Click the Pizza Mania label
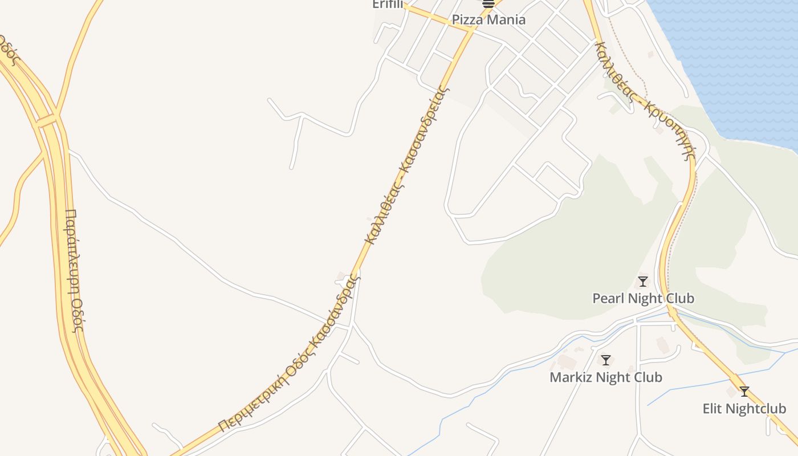pos(488,20)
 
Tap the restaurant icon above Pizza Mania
pos(488,4)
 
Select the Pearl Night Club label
pos(643,298)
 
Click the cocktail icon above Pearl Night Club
pos(643,282)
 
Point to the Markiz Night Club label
pos(605,377)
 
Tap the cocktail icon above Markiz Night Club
pos(605,360)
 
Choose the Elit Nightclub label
pos(744,408)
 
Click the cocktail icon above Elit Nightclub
pos(744,392)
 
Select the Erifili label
pos(388,5)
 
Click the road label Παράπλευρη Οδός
pos(75,270)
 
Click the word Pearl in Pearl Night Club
pos(608,298)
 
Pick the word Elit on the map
pos(712,408)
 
